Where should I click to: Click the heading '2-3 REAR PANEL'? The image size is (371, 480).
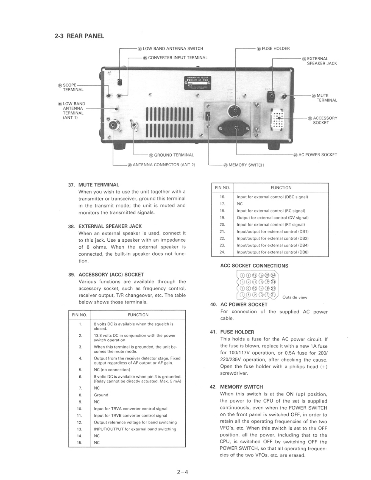pos(79,36)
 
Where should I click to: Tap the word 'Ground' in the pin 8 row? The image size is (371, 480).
pos(101,395)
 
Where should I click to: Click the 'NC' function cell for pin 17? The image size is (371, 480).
pos(240,204)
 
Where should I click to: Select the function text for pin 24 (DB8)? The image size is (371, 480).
pos(272,252)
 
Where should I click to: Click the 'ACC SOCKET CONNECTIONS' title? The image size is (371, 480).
pos(254,266)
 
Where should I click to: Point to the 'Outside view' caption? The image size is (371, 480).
pos(295,297)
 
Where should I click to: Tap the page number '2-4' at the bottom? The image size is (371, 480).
pos(183,472)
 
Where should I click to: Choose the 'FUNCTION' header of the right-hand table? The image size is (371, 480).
pos(281,188)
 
